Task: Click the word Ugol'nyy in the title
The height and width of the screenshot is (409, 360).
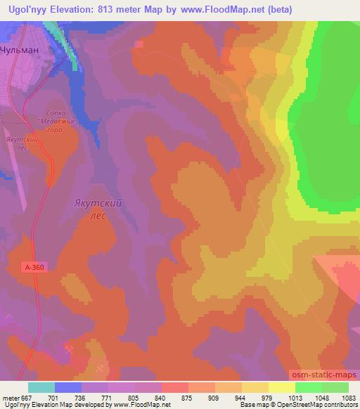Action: coord(25,9)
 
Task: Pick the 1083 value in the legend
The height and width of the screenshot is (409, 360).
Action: coord(349,398)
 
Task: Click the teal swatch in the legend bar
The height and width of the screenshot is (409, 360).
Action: coord(41,387)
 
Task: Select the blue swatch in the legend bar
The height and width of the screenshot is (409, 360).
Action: coord(68,387)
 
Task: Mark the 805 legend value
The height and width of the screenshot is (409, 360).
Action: coord(136,398)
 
